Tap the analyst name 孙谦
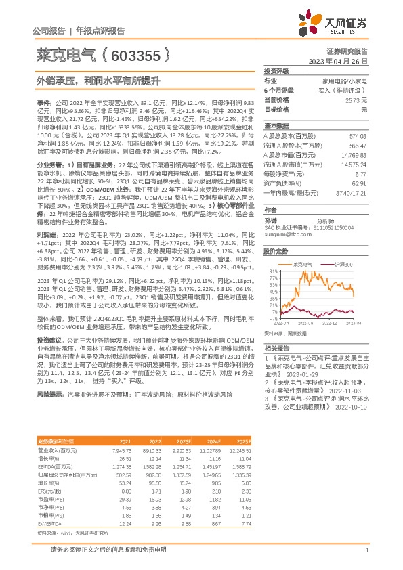point(270,221)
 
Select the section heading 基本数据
point(276,126)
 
